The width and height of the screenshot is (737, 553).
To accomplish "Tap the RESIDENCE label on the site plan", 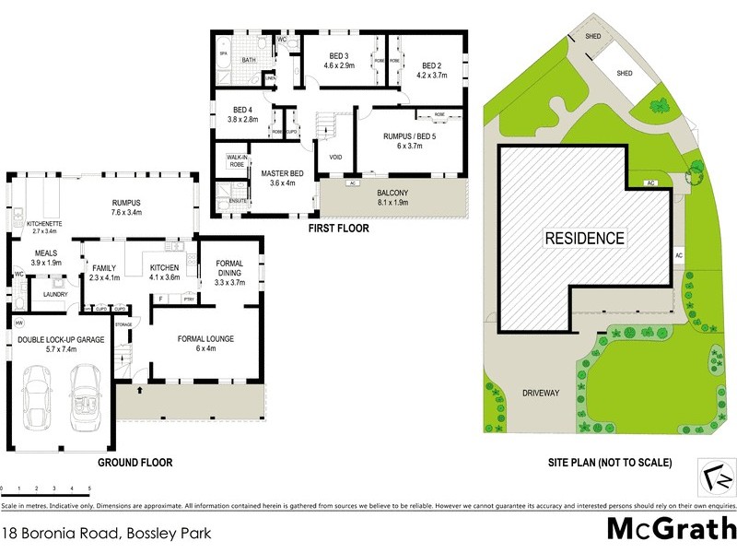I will (585, 238).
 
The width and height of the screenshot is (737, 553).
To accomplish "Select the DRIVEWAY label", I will (541, 393).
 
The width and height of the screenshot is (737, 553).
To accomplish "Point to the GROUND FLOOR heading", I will (136, 463).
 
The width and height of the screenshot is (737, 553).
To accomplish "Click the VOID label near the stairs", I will (335, 157).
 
